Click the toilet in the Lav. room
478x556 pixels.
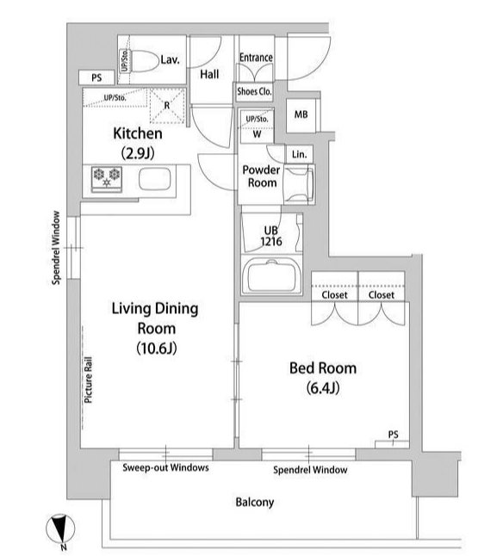[140, 61]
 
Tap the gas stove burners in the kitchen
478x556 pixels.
[107, 178]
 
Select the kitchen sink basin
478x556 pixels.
[155, 178]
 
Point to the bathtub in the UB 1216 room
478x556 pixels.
[271, 275]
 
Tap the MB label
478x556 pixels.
[301, 114]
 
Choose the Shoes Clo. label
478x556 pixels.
[254, 91]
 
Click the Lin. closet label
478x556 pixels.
[299, 155]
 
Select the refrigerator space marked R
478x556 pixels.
[167, 105]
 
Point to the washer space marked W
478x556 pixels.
[257, 134]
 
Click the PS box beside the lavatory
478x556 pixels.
[96, 77]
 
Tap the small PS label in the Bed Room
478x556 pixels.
[394, 435]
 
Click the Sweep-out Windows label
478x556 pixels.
[165, 467]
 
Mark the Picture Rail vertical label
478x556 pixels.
[88, 380]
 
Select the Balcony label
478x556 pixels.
[255, 502]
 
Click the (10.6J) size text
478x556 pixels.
[157, 349]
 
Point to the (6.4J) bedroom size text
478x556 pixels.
[323, 388]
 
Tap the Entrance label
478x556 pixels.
[256, 58]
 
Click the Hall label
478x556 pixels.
[209, 74]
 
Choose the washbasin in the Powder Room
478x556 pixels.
[299, 184]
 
